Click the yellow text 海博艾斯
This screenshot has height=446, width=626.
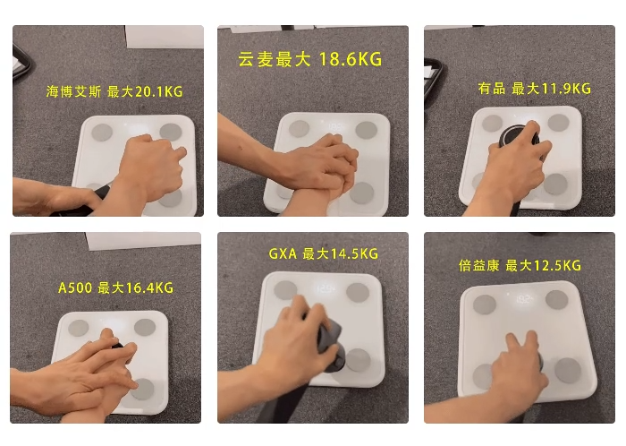(73, 92)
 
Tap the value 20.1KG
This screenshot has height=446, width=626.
(159, 92)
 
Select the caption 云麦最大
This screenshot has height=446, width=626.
(274, 59)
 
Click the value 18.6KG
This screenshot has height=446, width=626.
(351, 59)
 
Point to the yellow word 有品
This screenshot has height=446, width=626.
(492, 89)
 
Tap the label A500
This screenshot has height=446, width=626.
(75, 287)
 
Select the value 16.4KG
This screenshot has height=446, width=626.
(149, 287)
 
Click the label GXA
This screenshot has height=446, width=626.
(283, 253)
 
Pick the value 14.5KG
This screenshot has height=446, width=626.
(354, 253)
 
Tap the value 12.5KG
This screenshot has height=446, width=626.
(557, 265)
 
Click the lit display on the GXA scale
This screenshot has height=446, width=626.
(325, 288)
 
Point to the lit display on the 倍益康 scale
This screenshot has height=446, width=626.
(523, 299)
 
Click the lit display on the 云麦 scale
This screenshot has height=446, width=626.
(336, 126)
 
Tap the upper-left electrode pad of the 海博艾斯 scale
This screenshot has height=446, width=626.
(102, 133)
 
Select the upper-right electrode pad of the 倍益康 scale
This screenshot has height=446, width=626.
(556, 299)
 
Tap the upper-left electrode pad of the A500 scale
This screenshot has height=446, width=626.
(79, 328)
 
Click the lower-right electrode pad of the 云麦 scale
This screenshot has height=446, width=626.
(362, 193)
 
